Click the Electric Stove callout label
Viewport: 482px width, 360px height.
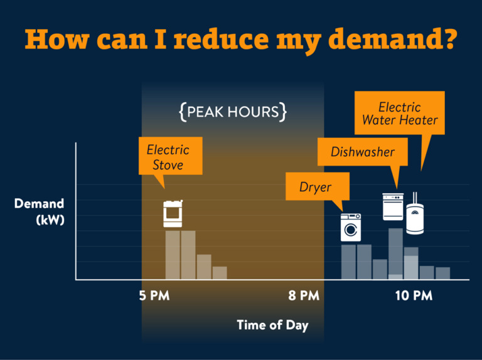(168, 157)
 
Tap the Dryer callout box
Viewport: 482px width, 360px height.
(315, 187)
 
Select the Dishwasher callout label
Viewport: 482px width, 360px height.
(363, 152)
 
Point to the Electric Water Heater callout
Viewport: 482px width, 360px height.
(400, 113)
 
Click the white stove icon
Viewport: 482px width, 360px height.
(172, 214)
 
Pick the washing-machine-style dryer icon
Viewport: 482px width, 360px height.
(351, 227)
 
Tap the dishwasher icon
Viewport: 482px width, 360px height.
(394, 206)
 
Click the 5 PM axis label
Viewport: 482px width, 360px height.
(154, 295)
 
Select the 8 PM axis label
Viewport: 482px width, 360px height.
(304, 295)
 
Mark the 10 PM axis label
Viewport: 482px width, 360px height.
(414, 295)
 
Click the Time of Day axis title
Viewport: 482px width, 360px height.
(272, 325)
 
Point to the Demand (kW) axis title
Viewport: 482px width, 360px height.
(40, 211)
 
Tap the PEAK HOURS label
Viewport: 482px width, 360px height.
(233, 112)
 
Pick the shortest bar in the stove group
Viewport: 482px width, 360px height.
(220, 273)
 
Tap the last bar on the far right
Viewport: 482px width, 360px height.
(443, 273)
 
